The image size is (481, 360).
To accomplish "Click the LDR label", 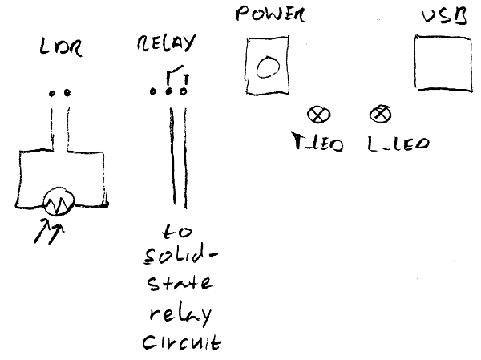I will (x=60, y=51).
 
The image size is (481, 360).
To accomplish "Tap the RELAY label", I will (x=165, y=44).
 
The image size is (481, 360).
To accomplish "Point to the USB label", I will (x=444, y=16).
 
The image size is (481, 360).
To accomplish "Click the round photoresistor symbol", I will (x=59, y=204).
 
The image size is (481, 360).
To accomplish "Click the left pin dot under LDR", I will (x=53, y=93).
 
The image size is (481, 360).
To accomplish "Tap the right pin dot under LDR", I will (x=67, y=93).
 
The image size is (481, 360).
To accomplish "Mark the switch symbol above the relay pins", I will (x=176, y=78).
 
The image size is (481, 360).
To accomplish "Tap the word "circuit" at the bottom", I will (x=181, y=343).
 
